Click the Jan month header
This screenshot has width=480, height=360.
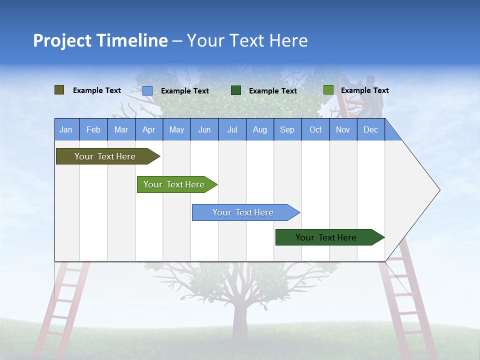click(66, 129)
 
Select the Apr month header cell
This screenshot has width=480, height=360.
click(148, 129)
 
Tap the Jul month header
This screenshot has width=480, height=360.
click(232, 129)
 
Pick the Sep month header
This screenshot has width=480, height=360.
click(287, 129)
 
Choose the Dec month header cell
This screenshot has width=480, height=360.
click(370, 129)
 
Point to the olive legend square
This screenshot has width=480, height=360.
click(59, 90)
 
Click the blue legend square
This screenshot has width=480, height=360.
click(147, 90)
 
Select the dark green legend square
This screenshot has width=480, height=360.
click(236, 90)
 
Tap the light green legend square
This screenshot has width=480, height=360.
click(328, 90)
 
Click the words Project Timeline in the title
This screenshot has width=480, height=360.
click(100, 40)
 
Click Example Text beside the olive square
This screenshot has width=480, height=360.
click(97, 90)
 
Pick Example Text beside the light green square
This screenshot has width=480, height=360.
click(365, 90)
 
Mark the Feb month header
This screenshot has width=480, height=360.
click(93, 129)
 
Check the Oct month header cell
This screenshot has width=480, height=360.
click(315, 129)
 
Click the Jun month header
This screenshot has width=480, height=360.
click(204, 129)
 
